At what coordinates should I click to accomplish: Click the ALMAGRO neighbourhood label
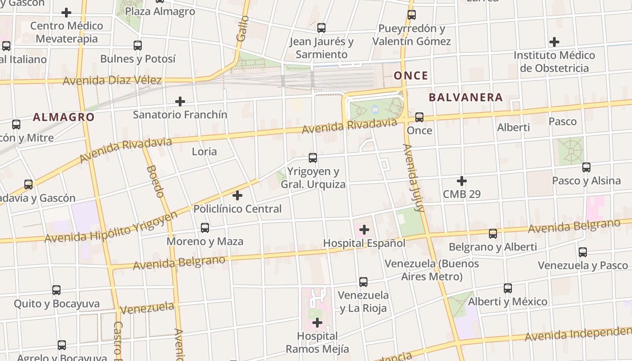64,117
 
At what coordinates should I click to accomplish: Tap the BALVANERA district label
465,97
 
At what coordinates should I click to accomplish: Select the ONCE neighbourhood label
411,75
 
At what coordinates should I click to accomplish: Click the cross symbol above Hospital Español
364,230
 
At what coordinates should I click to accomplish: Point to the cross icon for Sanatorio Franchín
180,102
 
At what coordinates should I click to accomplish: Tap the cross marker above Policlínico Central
237,195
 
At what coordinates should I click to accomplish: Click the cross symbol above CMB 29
461,181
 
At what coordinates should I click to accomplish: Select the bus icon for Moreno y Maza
205,228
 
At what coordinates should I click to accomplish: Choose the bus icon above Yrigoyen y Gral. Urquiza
312,158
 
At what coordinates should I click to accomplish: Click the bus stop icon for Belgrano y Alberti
493,234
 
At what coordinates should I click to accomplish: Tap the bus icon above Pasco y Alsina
586,167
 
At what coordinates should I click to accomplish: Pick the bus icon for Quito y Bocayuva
56,290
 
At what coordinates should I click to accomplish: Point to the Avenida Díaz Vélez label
112,81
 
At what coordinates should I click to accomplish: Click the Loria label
204,152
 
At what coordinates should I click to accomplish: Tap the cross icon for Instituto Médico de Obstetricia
554,42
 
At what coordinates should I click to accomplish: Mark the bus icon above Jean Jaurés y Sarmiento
321,28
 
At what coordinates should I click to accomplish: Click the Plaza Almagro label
160,11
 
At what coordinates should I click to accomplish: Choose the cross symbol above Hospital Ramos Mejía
317,323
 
